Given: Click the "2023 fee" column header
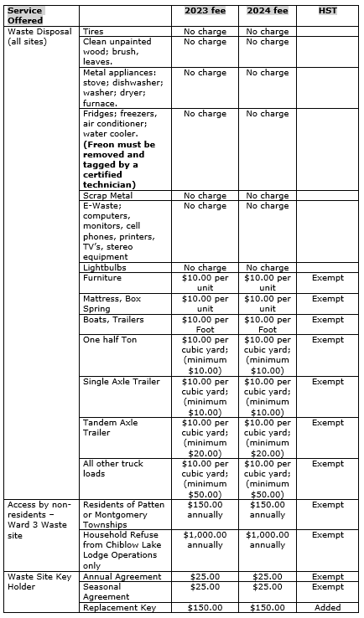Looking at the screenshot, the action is [205, 11].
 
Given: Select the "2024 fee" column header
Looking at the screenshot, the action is [267, 11].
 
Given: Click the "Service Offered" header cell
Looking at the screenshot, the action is [25, 15].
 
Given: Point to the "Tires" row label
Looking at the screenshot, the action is [93, 31].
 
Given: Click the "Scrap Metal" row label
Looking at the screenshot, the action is [107, 195].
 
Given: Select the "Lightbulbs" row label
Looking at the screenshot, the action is [105, 267].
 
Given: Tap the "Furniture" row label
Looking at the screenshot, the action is [101, 278].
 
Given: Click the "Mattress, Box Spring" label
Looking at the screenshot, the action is [112, 303].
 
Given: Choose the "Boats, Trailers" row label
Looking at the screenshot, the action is [113, 319].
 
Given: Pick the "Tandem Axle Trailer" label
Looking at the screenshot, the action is [110, 427].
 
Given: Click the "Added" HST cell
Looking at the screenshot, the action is [327, 607].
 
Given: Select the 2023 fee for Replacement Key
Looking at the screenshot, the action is [205, 607].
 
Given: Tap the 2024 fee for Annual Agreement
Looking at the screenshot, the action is [267, 576].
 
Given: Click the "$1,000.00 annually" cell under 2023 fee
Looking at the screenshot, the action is [205, 539].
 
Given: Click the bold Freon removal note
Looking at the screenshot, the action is [116, 164].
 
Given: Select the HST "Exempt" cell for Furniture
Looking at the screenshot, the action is [327, 278].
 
